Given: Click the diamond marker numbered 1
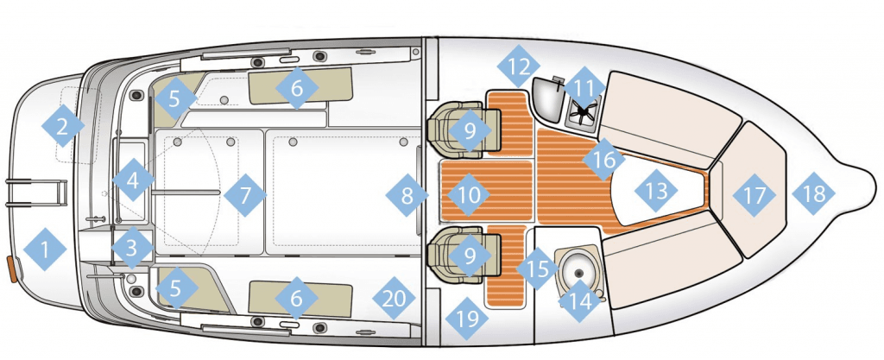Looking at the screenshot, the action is (45, 249).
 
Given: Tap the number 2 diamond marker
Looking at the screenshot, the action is (62, 126).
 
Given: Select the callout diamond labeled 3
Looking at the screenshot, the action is (132, 247).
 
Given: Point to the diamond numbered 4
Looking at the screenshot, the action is (133, 180).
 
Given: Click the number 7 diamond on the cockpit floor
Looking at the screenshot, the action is (244, 195).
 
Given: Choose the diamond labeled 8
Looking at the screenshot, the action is (407, 195).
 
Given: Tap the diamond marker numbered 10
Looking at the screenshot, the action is (469, 195).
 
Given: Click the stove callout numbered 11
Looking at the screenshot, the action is (584, 88).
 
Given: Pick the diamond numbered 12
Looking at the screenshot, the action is (519, 66).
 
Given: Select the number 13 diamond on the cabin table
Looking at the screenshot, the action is (656, 191).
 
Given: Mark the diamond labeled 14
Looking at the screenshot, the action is (580, 300).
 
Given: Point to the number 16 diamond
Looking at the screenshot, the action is (603, 160).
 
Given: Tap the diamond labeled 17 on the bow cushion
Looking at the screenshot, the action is (755, 195).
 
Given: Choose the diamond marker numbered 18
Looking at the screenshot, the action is (813, 193).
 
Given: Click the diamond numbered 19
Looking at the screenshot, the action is (467, 319).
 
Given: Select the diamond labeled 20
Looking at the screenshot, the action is (394, 298).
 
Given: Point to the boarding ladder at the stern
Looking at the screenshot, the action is (36, 193).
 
